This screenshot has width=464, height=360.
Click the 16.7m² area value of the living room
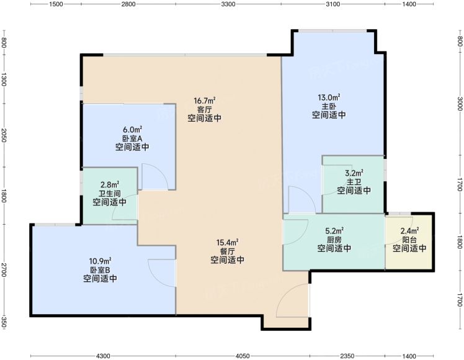click(x=205, y=101)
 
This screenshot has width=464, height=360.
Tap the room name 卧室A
click(x=132, y=138)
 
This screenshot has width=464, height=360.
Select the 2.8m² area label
click(x=110, y=185)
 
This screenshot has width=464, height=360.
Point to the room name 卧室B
click(x=100, y=270)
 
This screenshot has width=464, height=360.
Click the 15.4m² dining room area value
click(x=227, y=243)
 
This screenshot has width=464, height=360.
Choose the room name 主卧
click(x=329, y=106)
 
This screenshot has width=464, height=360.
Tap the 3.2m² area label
click(x=354, y=173)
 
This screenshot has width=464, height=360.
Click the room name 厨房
click(x=334, y=240)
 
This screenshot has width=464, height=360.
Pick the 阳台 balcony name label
click(x=409, y=240)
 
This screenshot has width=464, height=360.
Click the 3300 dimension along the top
click(x=228, y=4)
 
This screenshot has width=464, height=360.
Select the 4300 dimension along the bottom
click(x=103, y=356)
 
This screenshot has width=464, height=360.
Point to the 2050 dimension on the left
click(x=4, y=135)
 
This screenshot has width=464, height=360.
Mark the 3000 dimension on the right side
click(x=460, y=104)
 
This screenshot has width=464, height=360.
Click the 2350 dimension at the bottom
click(x=347, y=356)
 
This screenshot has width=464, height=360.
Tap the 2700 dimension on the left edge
click(x=4, y=270)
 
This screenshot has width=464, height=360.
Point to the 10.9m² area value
click(x=100, y=261)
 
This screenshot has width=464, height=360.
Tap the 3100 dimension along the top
click(x=333, y=4)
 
